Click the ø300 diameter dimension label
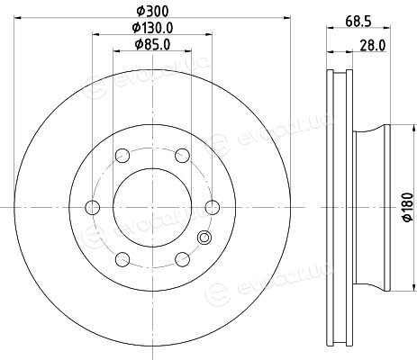coord(152,12)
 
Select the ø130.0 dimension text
coord(152,28)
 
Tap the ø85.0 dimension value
coord(152,45)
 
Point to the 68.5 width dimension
coord(358,22)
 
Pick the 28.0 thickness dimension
coord(373,46)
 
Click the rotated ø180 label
coord(408,207)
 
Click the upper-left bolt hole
coord(122,156)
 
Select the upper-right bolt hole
coord(182,156)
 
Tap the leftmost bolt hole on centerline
coord(93,207)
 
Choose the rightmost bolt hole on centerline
coord(213,207)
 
